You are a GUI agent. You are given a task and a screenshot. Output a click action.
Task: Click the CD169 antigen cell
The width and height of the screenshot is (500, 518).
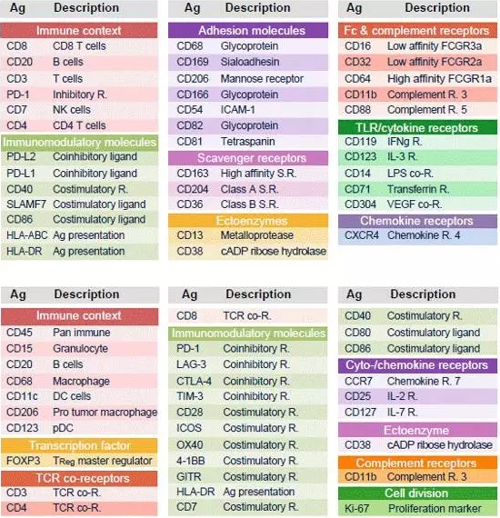pos(193,62)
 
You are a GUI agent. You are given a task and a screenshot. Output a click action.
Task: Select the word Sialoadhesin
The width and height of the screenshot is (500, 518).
pos(250,62)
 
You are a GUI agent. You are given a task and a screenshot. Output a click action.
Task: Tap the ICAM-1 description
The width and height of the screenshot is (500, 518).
pos(238,110)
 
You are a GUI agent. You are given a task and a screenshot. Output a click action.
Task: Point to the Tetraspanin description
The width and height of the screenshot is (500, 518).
pos(248,142)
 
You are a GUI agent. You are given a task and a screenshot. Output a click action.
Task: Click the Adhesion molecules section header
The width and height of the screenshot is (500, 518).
pos(252,30)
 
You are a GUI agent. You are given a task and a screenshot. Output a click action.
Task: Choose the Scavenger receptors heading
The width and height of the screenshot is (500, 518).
pos(252,158)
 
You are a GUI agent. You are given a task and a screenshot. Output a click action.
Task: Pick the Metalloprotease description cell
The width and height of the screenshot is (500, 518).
pos(256,235)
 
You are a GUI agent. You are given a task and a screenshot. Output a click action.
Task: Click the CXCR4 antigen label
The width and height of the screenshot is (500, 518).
pos(362,235)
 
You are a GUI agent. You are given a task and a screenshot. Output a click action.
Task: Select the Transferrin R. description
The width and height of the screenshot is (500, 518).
pos(418,189)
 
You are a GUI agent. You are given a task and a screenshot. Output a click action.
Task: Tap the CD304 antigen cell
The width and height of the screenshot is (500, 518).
pos(360,204)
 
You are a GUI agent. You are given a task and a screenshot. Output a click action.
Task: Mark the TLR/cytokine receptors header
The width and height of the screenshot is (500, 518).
pos(416,127)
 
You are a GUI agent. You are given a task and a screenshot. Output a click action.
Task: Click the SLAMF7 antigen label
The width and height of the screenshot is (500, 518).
pos(26,204)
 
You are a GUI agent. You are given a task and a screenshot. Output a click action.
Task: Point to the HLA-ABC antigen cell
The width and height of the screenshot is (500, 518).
pos(27,235)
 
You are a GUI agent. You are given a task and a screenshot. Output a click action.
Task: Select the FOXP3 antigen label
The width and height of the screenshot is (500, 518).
pos(23,461)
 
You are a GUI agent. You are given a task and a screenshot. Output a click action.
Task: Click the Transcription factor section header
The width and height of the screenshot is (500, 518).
pos(80,445)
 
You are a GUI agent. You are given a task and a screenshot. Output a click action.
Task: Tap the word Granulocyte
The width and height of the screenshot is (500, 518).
pos(80,349)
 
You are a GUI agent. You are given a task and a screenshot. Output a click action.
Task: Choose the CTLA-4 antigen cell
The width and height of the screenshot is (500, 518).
pos(194,381)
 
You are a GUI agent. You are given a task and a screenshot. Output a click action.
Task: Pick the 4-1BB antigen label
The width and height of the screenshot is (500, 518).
pos(190,461)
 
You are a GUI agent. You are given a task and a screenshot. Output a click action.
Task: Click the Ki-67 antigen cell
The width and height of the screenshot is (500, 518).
pos(356,508)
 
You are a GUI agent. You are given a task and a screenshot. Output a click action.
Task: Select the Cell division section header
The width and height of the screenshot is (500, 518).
pos(416,493)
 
